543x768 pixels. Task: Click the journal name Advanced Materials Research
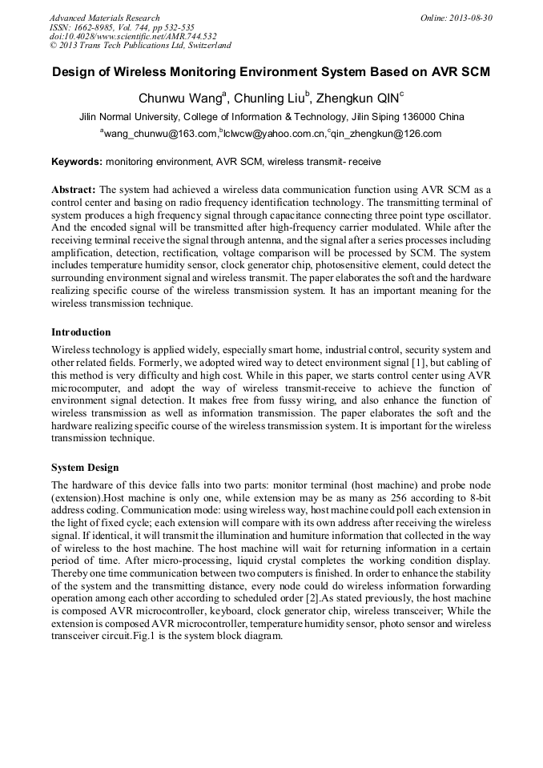pos(104,18)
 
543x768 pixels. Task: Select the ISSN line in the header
pos(116,27)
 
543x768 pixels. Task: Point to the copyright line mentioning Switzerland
pos(140,46)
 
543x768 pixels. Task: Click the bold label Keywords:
pos(77,162)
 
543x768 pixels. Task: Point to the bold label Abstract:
pos(74,190)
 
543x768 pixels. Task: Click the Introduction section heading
pos(81,332)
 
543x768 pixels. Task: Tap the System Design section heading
pos(85,467)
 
